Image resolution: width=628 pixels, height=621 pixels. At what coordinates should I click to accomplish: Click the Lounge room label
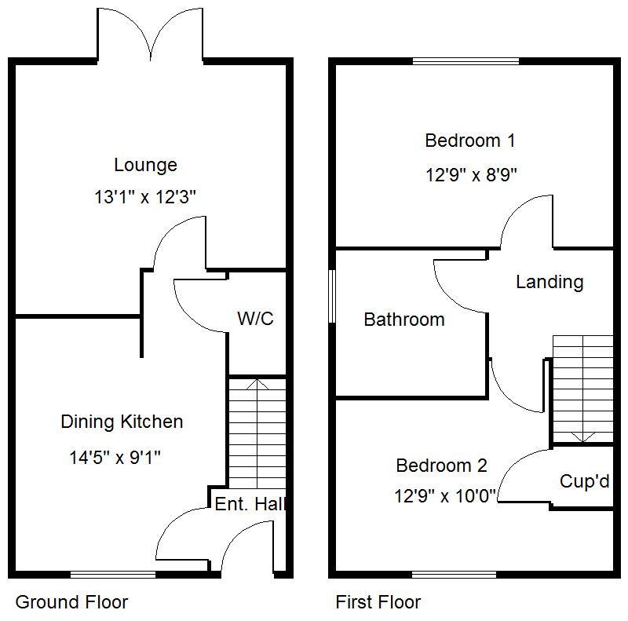pos(145,165)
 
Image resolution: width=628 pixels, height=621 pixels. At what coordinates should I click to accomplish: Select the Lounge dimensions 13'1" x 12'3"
pos(145,197)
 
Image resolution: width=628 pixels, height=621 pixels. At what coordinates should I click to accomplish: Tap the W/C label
pos(255,318)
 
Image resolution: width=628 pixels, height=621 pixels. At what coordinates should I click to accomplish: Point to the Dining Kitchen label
pos(122,422)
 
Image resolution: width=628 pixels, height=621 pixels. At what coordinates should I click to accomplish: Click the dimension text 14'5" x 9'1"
pos(115,457)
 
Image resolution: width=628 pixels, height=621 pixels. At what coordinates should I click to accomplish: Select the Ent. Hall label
pos(249,504)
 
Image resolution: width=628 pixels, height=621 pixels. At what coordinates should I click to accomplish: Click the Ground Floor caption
pos(71,602)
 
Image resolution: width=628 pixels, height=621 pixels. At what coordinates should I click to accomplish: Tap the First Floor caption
pos(378,602)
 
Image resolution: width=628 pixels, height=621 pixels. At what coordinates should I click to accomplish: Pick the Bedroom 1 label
pos(470,141)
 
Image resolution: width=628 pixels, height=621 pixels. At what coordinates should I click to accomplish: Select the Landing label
pos(549,282)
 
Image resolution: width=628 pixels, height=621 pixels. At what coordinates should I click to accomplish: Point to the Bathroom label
pos(404,320)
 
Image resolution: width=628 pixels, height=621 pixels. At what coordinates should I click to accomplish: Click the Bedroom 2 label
pos(441,466)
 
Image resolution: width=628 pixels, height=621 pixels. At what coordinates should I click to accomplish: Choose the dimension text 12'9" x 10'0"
pos(445,496)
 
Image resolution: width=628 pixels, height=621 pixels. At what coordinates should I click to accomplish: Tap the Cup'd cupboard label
pos(584,481)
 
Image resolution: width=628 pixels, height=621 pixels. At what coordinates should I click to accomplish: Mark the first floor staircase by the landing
pos(582,389)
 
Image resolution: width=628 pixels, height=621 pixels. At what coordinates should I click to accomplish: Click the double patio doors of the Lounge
pos(150,35)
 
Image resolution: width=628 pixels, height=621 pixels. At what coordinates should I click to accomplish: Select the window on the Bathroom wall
pos(332,296)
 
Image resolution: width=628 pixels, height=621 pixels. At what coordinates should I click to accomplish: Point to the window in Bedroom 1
pos(466,61)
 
